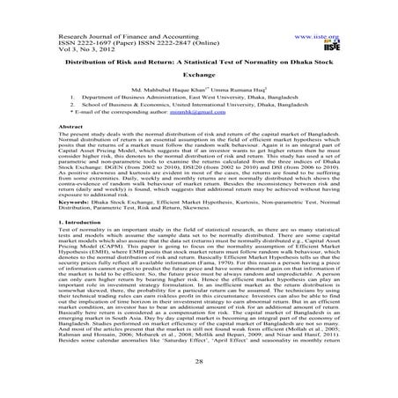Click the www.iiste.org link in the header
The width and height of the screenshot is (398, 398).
click(x=324, y=15)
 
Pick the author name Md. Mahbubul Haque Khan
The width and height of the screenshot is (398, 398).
click(x=167, y=91)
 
